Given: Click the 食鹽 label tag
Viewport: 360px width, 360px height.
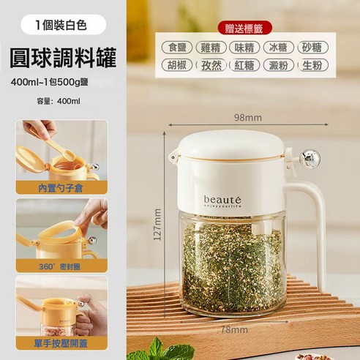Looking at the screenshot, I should pyautogui.click(x=178, y=48).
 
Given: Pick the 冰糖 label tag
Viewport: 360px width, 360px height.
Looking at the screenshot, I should pyautogui.click(x=280, y=48).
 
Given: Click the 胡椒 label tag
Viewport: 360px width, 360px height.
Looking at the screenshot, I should pyautogui.click(x=178, y=65).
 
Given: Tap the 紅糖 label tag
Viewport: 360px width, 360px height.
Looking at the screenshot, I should pyautogui.click(x=247, y=65).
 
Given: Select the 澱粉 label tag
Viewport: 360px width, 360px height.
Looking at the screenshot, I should pyautogui.click(x=280, y=65).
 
